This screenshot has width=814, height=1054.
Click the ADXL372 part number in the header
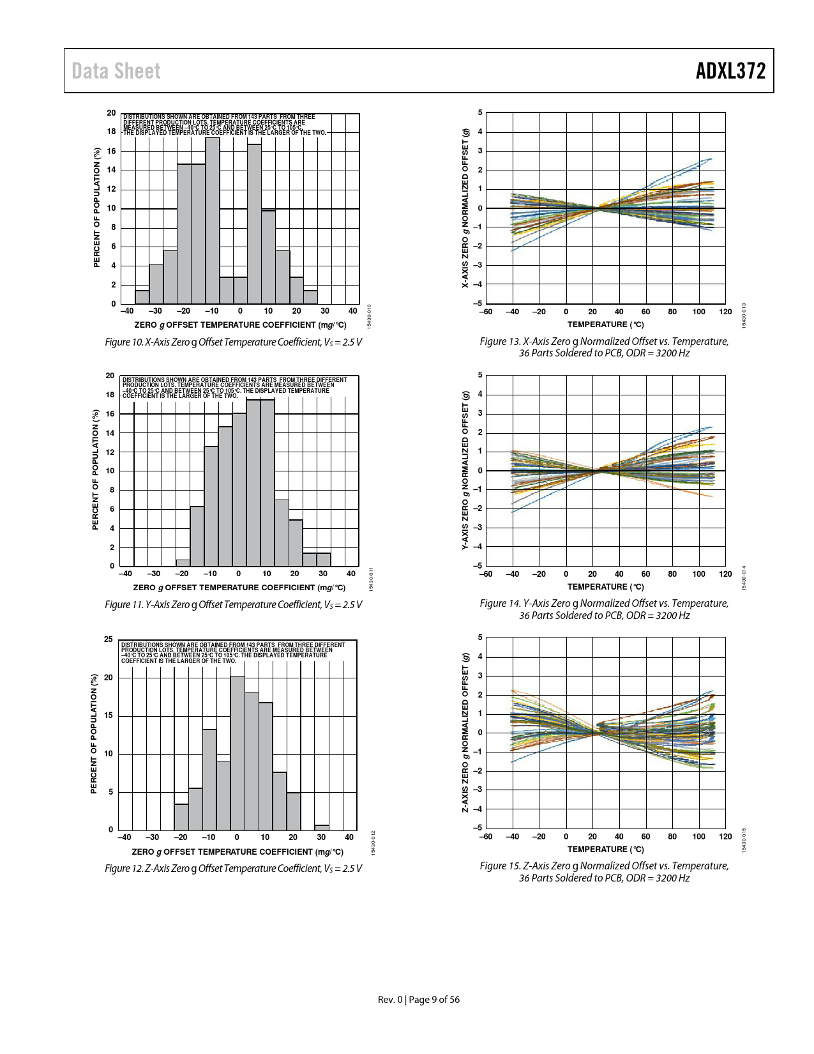tap(730, 71)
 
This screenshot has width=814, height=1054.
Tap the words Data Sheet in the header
tap(116, 71)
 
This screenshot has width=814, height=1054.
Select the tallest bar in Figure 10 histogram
tap(212, 220)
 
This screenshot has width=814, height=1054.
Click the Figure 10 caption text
tap(233, 342)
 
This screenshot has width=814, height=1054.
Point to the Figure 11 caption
tap(233, 604)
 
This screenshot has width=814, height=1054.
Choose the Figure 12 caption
tap(233, 868)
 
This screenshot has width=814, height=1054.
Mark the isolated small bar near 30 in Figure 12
tap(322, 827)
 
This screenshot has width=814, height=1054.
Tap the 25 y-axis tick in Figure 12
tap(109, 639)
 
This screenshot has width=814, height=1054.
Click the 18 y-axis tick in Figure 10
tap(111, 132)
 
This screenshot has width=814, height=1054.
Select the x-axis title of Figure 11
tap(239, 588)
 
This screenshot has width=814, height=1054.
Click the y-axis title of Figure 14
tap(465, 470)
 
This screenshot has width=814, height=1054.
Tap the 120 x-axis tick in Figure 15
tap(725, 837)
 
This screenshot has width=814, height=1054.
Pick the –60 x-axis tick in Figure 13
tap(486, 312)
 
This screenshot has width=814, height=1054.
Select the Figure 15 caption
tap(604, 872)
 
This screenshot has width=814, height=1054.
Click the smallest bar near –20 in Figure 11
tap(183, 563)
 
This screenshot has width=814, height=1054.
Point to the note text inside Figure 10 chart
tap(223, 125)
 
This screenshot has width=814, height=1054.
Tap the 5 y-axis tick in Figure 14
tap(480, 375)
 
